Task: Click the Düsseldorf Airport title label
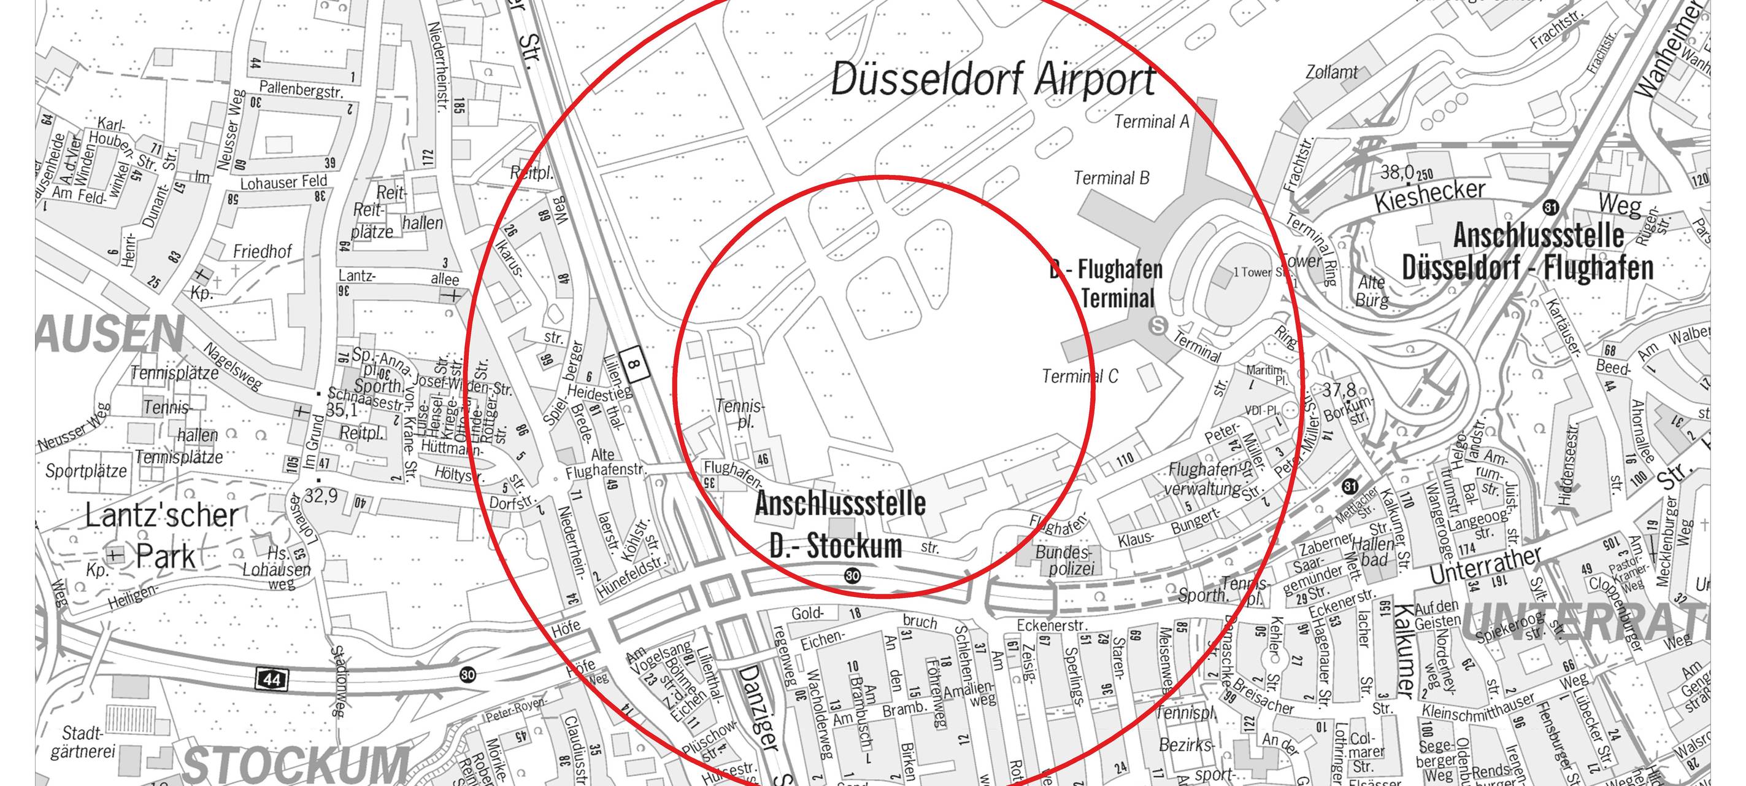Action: pos(993,79)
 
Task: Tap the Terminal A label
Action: pos(1152,122)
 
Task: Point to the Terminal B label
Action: pos(1112,177)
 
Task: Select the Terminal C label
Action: pos(1080,376)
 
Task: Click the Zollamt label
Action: pos(1331,72)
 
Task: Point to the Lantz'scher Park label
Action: pos(163,535)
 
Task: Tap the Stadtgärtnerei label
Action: pos(83,742)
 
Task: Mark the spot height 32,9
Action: pos(321,496)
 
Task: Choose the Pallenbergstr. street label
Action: pos(301,90)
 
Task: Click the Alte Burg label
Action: pos(1371,290)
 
